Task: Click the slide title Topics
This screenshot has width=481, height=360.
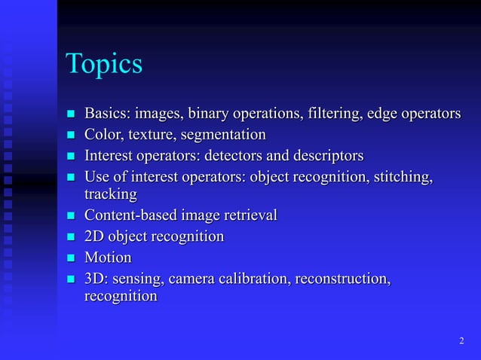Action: click(x=104, y=64)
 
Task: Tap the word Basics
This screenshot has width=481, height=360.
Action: click(x=107, y=114)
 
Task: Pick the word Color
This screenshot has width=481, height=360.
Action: click(x=103, y=135)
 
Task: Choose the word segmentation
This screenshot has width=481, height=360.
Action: click(x=223, y=135)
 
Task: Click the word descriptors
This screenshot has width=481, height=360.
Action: click(x=326, y=156)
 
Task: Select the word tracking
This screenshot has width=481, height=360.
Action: click(x=110, y=194)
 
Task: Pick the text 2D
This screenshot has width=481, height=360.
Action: click(x=95, y=236)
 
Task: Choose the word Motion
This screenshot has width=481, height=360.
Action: click(x=108, y=258)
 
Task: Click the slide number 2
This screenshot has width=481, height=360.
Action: click(x=461, y=342)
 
